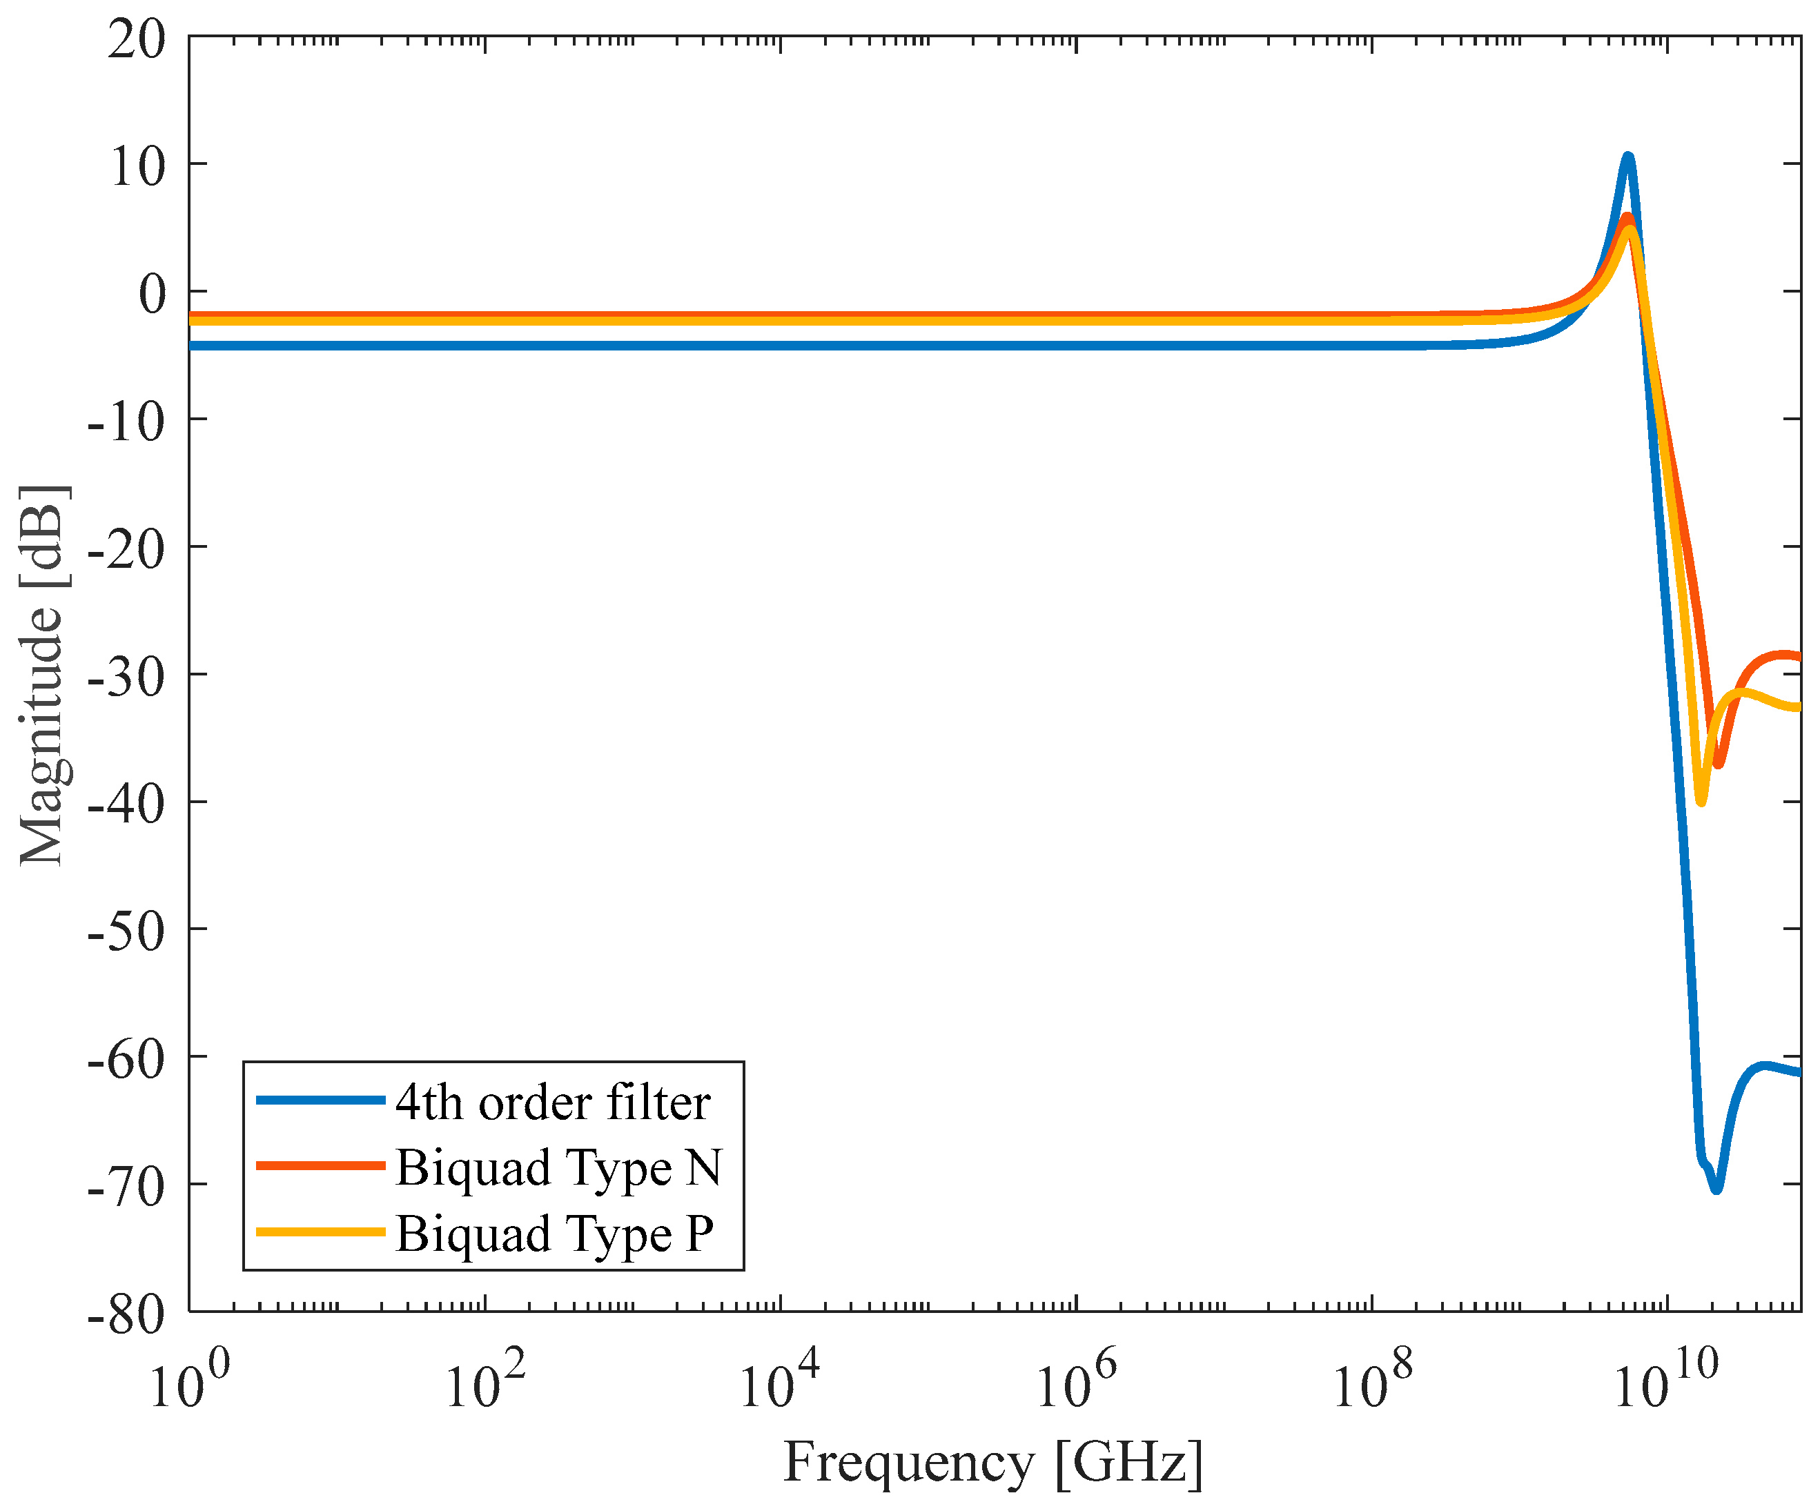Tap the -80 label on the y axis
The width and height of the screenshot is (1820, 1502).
(x=126, y=1316)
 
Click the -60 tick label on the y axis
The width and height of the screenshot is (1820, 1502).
(x=126, y=1060)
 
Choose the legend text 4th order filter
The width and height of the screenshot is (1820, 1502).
(x=552, y=1103)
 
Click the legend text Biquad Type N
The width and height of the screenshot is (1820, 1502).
(x=558, y=1168)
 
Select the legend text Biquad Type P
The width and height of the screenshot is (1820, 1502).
(x=554, y=1234)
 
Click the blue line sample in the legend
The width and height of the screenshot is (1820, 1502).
(x=320, y=1100)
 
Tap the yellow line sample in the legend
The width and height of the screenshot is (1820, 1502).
(x=320, y=1231)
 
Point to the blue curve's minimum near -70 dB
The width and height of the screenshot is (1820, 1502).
(x=1716, y=1189)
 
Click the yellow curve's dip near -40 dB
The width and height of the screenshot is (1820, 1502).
(x=1701, y=801)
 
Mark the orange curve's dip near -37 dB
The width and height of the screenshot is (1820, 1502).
(x=1718, y=764)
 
